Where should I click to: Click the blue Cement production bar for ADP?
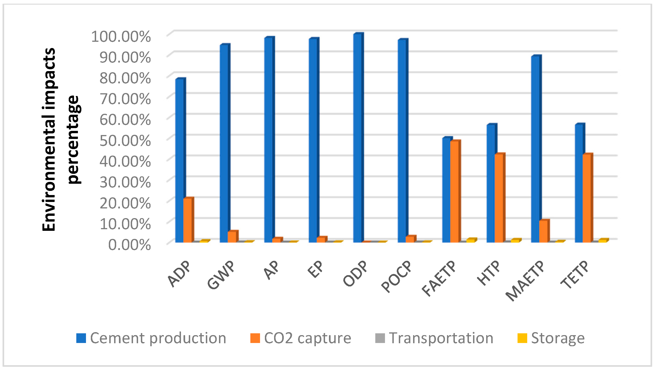pyautogui.click(x=179, y=161)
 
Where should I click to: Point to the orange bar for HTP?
pyautogui.click(x=499, y=198)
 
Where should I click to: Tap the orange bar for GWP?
pyautogui.click(x=232, y=237)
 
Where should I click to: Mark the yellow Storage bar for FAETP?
pyautogui.click(x=470, y=241)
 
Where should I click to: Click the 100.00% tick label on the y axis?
pyautogui.click(x=121, y=36)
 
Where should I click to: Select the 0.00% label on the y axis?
pyautogui.click(x=129, y=245)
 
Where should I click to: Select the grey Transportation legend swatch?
pyautogui.click(x=380, y=338)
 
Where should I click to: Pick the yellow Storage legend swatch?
pyautogui.click(x=522, y=338)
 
